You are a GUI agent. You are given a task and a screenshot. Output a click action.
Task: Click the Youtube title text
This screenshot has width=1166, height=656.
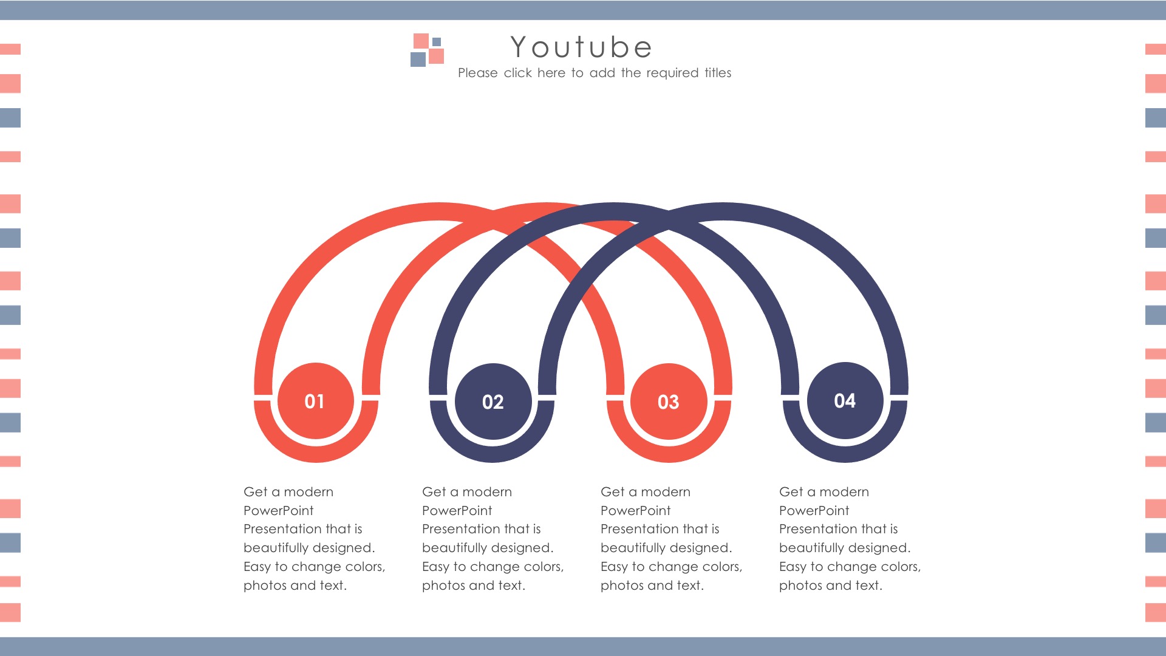(x=581, y=47)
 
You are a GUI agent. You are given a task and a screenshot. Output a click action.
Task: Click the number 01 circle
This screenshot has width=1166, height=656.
(x=315, y=401)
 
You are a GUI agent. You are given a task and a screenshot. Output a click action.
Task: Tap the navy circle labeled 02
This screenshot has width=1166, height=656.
(x=493, y=401)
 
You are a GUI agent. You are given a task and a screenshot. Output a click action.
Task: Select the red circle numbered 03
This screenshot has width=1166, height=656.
(x=669, y=401)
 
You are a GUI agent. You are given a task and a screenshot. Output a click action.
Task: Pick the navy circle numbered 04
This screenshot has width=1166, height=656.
(x=845, y=400)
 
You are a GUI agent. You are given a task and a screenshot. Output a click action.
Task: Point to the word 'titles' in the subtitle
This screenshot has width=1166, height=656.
(x=718, y=73)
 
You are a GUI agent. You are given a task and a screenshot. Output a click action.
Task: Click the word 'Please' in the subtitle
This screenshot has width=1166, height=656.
(x=478, y=73)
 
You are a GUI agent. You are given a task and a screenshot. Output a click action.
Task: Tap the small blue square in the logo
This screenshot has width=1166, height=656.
(x=437, y=42)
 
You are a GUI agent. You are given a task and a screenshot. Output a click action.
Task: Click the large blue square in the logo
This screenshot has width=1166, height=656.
(x=418, y=59)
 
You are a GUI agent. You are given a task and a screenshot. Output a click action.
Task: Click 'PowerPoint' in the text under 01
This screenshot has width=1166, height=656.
(x=279, y=511)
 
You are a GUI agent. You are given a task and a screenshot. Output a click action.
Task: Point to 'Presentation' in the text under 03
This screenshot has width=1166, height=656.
(x=638, y=529)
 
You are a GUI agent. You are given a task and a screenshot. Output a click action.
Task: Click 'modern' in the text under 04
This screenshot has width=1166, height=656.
(x=844, y=492)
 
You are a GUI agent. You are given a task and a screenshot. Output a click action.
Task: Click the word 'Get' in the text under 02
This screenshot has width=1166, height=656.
(x=434, y=492)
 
